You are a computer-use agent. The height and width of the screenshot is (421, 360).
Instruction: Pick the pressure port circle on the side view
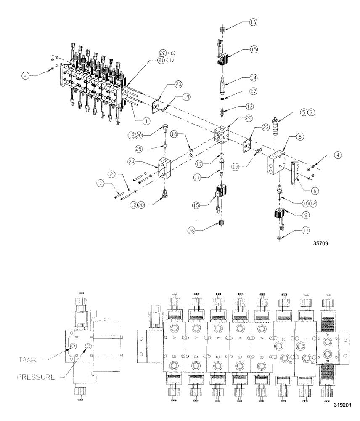89,346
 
